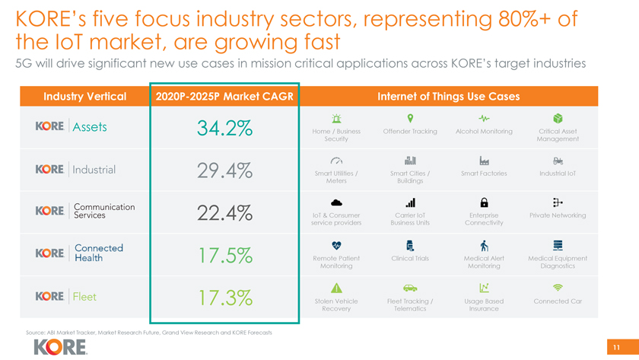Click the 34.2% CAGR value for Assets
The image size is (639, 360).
[224, 129]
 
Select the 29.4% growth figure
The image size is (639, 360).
[224, 171]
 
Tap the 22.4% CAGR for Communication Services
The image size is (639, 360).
[224, 213]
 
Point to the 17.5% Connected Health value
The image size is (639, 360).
[224, 256]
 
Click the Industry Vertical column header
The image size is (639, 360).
[84, 97]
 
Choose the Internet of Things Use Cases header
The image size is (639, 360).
[448, 97]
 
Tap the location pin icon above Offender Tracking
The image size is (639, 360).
[411, 118]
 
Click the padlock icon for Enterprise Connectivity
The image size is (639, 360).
[484, 202]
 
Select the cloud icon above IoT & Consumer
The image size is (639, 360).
[336, 202]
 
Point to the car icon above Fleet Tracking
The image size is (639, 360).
[410, 288]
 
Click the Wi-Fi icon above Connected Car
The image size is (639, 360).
[558, 288]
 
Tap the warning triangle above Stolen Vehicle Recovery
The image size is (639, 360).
[336, 288]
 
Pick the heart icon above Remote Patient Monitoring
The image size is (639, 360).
[336, 245]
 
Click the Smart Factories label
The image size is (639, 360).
[484, 174]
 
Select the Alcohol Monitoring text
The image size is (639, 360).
[484, 131]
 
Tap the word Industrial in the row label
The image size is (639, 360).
[94, 169]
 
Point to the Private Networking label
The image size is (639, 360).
[558, 215]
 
